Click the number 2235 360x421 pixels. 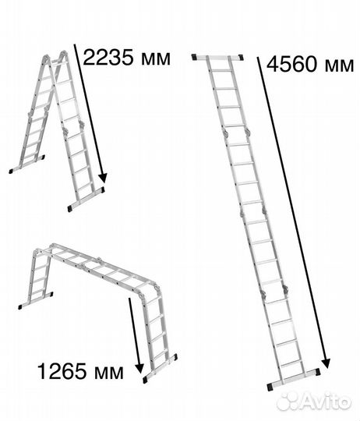108,58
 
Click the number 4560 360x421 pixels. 291,65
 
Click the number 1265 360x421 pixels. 62,371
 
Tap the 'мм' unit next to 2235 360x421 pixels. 156,59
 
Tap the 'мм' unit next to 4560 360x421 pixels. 340,66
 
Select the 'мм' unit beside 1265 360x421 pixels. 109,373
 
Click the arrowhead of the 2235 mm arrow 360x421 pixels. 103,178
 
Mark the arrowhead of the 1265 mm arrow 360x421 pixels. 139,368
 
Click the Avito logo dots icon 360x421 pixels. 288,402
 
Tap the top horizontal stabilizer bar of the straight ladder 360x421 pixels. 217,57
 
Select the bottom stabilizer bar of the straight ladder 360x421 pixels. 294,380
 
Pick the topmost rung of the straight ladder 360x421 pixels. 221,70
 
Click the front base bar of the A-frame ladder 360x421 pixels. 86,200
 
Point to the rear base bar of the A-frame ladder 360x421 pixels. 26,164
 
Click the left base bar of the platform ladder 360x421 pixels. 36,300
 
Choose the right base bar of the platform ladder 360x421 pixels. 160,368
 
